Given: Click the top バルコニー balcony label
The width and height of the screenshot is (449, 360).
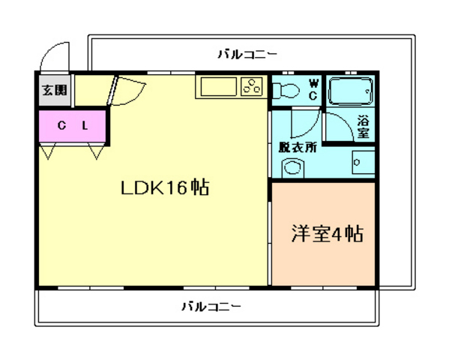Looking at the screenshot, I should coord(247,53).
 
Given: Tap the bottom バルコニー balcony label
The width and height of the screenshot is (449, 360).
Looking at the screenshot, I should coord(211,307).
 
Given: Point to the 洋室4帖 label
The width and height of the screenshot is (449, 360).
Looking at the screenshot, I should coord(327,234).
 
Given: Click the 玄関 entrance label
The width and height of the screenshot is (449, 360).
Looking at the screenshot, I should coord(52,91).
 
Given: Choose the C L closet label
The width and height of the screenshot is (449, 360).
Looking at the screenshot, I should coord(73,126).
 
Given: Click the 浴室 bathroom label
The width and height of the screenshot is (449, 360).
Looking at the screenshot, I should coord(363,126).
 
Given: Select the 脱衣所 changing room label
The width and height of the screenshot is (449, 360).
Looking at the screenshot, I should coord(297,147).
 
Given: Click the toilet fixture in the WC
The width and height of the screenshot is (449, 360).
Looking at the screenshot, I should coord(285,91).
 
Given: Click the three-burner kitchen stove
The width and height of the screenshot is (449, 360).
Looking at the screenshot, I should coord(253,87).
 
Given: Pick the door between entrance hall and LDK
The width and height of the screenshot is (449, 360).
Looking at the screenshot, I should coord(121,91).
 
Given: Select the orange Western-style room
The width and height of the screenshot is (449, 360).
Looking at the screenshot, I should coord(323,234).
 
